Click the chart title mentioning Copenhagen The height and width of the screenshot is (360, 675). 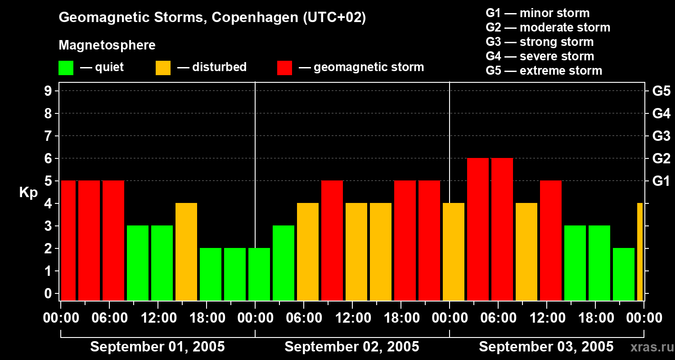(x=212, y=18)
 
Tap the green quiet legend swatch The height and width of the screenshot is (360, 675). (x=66, y=67)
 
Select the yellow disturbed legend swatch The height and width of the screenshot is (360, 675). (x=163, y=67)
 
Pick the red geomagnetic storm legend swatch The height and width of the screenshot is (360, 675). (x=284, y=67)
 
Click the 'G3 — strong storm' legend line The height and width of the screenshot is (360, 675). (x=540, y=42)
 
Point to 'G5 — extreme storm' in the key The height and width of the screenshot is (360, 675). (x=544, y=71)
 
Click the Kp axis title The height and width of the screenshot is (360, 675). (x=28, y=193)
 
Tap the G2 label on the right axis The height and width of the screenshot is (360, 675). (x=661, y=158)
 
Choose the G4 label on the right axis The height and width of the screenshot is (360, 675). (x=661, y=113)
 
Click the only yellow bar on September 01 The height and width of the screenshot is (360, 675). (x=186, y=252)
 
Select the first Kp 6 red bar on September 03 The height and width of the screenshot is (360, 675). (x=478, y=229)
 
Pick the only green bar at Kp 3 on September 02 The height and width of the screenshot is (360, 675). (x=283, y=263)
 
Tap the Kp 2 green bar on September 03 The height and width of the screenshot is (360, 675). (x=624, y=274)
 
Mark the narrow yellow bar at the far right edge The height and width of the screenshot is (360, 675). (x=640, y=252)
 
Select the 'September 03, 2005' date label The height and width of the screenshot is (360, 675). (x=546, y=347)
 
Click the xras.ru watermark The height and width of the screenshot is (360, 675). (x=652, y=347)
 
